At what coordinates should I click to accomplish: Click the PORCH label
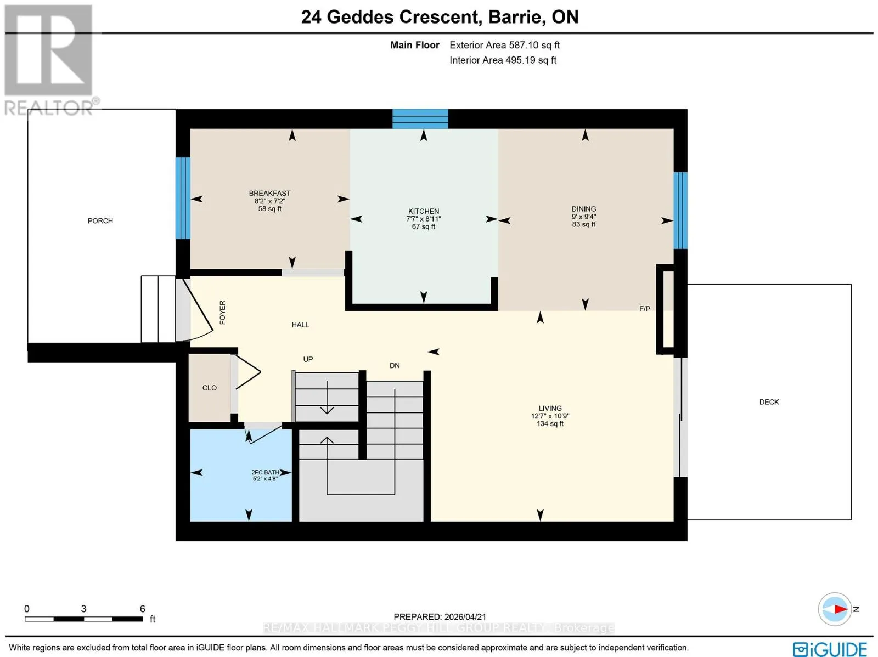click(x=100, y=221)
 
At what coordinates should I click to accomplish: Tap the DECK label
click(x=769, y=402)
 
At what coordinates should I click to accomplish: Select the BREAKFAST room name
click(x=269, y=194)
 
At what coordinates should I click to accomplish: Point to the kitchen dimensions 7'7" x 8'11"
click(x=424, y=219)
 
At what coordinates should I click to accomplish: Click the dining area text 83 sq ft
click(x=584, y=225)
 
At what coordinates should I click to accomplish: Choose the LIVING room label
click(x=550, y=408)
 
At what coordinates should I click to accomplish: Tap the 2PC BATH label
click(x=265, y=472)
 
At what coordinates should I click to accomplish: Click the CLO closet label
click(x=210, y=388)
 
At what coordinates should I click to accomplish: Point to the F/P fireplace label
click(x=645, y=309)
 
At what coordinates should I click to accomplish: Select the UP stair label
click(x=308, y=359)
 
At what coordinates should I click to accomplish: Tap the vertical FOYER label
click(x=223, y=313)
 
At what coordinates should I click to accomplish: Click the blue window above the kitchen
click(x=420, y=118)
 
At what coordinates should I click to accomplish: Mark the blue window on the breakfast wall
click(x=183, y=198)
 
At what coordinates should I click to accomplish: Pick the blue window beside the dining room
click(x=680, y=211)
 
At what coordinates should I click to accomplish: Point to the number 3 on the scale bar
click(x=83, y=609)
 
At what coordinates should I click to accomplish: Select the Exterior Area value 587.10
click(x=524, y=45)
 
